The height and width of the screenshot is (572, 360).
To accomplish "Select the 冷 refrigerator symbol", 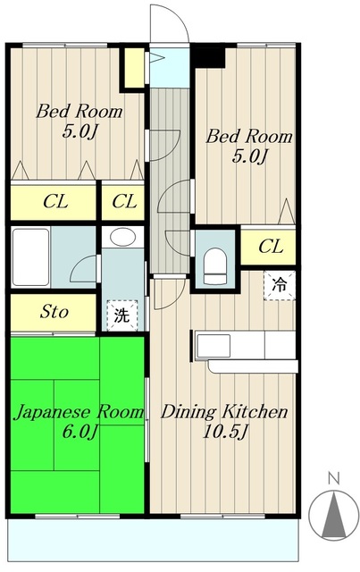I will tap(279, 286).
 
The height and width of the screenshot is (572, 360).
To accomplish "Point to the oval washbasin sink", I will tap(121, 238).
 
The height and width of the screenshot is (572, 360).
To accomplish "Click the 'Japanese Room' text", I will tap(78, 412).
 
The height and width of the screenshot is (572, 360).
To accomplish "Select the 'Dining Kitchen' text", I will tap(223, 412).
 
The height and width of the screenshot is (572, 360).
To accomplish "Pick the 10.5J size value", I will tap(223, 433).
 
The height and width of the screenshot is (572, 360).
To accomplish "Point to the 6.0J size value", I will tap(78, 433).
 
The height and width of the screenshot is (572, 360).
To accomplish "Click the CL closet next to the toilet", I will tap(271, 246).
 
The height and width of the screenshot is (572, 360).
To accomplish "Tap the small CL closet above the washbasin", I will tap(123, 201).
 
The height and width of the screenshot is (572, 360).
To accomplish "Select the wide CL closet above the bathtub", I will tap(52, 201).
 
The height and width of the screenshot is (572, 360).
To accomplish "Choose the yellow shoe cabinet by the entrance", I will tap(134, 69).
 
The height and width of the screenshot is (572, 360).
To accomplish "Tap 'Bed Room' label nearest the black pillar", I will tap(249, 137).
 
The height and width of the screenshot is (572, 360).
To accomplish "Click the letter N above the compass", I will tap(332, 478).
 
